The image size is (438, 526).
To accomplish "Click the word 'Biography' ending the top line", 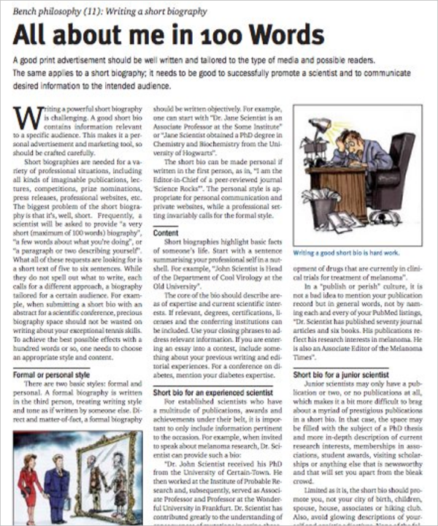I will [x=185, y=12].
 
